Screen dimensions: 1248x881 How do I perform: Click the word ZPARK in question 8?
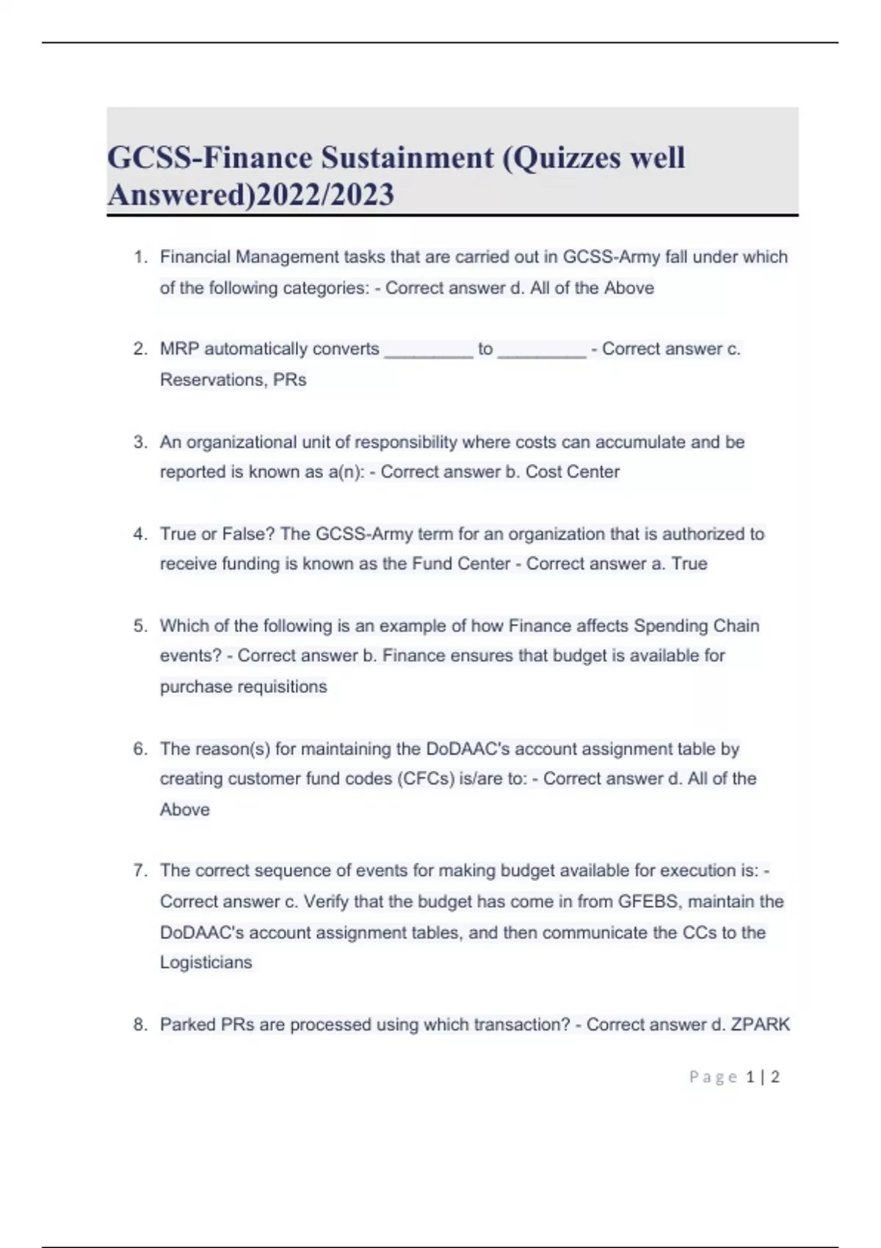click(x=761, y=1024)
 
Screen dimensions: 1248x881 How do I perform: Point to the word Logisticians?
click(x=206, y=962)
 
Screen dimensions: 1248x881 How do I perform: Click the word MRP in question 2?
click(x=179, y=349)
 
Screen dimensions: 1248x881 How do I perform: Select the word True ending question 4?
click(x=689, y=564)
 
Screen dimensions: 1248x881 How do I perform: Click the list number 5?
click(x=140, y=626)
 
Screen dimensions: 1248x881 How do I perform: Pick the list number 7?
click(x=140, y=871)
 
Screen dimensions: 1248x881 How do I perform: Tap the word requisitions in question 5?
click(x=279, y=687)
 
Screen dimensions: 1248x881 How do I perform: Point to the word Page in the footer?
click(x=713, y=1077)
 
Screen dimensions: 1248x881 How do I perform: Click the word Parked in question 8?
click(x=187, y=1024)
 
